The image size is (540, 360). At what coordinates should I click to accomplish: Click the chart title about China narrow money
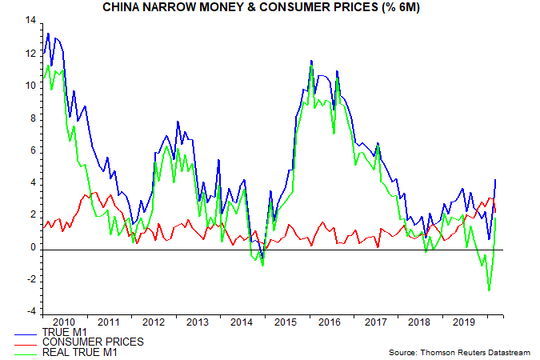270,8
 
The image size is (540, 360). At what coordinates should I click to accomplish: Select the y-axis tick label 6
32,150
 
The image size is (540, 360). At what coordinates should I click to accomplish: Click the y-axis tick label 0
32,247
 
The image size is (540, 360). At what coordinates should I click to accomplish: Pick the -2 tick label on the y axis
30,279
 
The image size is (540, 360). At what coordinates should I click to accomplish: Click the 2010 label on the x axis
65,322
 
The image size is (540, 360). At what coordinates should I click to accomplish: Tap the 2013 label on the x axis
198,322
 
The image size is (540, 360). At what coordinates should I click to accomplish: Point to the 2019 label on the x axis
462,322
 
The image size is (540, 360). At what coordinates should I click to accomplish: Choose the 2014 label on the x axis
242,322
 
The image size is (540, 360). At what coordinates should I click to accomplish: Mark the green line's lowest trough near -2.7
489,290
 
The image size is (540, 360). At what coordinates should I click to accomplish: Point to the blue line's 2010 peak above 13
48,34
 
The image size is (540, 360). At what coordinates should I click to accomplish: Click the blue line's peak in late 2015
311,61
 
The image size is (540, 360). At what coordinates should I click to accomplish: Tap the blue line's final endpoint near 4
498,179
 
